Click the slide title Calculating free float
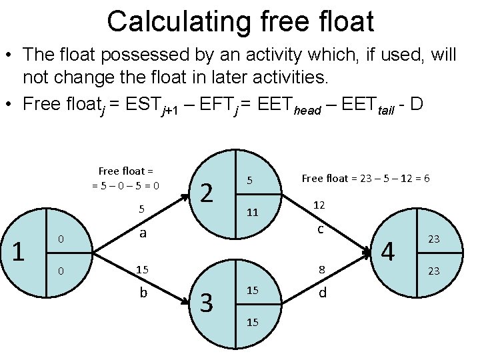tap(240, 21)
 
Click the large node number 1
tap(19, 251)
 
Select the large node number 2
tap(207, 193)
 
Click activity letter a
tap(143, 233)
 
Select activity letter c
tap(321, 229)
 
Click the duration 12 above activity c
tap(321, 206)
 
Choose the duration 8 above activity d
tap(321, 270)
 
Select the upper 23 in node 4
tap(433, 239)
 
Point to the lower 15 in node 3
tap(252, 322)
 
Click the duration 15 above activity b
tap(142, 270)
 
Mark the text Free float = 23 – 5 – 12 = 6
tap(365, 178)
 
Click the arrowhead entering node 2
tap(189, 194)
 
